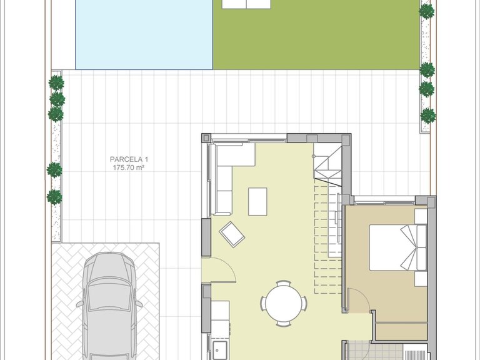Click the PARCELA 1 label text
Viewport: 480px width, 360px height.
tap(129, 159)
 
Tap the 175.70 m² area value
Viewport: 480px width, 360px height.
tap(129, 167)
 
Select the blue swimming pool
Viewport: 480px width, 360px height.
tap(144, 34)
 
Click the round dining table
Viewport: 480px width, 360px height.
tap(284, 303)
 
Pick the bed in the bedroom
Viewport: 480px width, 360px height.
tap(398, 247)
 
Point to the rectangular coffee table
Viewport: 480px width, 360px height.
tap(257, 202)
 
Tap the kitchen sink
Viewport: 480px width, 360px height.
tap(220, 349)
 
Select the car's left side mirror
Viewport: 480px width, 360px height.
tap(79, 304)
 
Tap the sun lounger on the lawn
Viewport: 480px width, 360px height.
tap(246, 4)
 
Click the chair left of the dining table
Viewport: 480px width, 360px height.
tap(262, 303)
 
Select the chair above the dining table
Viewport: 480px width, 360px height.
tap(283, 283)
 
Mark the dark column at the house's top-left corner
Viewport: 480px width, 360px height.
tap(206, 137)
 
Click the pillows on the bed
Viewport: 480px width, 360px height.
tap(408, 247)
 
